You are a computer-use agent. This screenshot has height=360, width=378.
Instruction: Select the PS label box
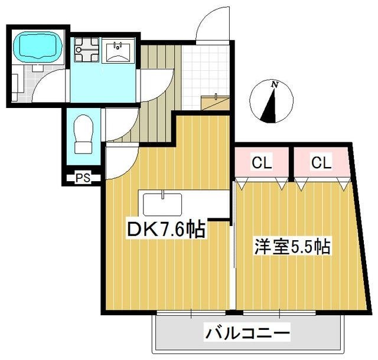pos(82,177)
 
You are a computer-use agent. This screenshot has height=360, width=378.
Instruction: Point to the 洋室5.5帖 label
pos(292,246)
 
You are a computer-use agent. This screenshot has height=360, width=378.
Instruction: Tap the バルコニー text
pos(247,334)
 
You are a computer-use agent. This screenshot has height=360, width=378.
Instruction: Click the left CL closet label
pos(262,163)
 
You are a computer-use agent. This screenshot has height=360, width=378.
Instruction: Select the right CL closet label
pos(321,163)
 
